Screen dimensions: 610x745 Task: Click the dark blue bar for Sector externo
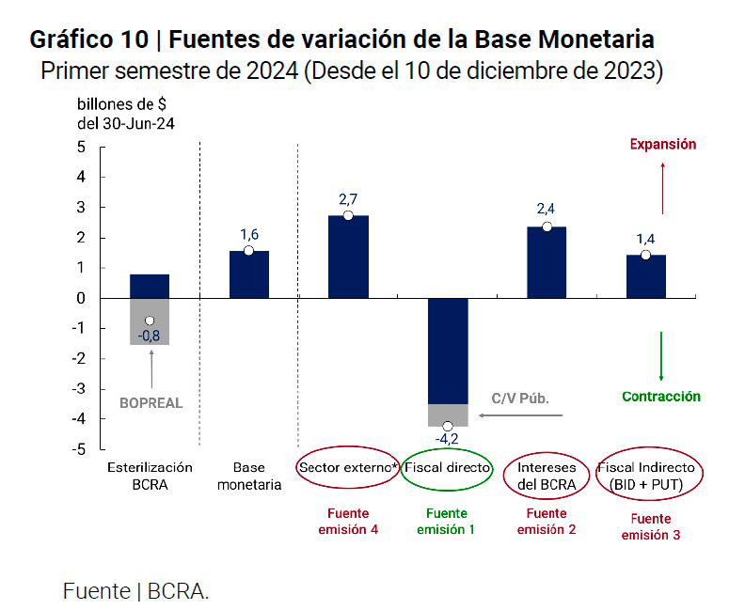348,257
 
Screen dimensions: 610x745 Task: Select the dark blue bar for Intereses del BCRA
547,262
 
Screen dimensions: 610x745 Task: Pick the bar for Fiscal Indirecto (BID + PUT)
645,276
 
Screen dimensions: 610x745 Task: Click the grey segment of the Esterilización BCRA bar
150,321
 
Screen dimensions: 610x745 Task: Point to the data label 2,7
348,199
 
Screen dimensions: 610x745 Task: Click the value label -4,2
447,439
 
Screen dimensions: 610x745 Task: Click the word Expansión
662,145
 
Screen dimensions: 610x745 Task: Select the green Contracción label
661,397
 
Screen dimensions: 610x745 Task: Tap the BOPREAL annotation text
151,403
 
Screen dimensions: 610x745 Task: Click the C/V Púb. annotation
520,399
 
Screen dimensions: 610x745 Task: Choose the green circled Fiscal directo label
447,467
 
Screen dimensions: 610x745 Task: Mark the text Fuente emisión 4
348,522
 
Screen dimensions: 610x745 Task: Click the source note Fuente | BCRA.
135,591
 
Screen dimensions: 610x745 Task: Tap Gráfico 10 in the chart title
88,40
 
